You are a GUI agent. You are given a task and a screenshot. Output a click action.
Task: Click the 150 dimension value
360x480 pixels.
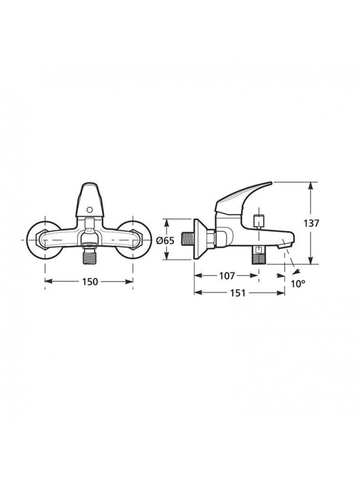pyautogui.click(x=89, y=281)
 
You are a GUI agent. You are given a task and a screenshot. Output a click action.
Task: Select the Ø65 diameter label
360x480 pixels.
pyautogui.click(x=165, y=241)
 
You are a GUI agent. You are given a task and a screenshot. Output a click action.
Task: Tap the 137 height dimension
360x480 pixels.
pyautogui.click(x=311, y=223)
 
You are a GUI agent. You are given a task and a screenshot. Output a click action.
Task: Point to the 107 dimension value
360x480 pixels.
pyautogui.click(x=227, y=276)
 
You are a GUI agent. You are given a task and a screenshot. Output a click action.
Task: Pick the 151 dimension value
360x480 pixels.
pyautogui.click(x=238, y=293)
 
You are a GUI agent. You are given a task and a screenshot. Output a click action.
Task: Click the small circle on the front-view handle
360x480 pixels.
pyautogui.click(x=89, y=209)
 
